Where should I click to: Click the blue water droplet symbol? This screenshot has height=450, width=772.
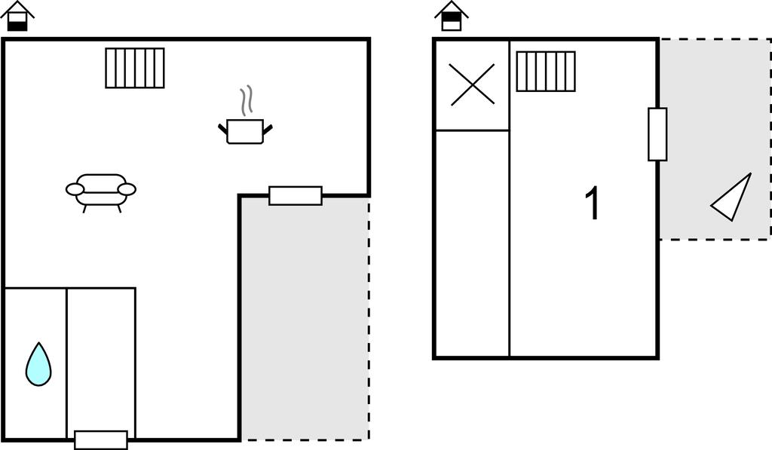coord(38,364)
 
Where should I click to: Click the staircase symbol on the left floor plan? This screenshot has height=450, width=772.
coord(135,68)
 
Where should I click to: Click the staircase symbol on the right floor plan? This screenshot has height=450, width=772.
coord(546,72)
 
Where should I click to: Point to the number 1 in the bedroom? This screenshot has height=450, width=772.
coord(593,203)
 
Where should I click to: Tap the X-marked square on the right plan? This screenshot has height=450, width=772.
coord(472,84)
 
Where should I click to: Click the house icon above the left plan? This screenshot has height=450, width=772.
coord(17,17)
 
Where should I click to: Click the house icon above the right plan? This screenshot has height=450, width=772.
coord(452,17)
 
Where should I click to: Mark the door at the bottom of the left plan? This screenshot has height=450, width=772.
coord(101,439)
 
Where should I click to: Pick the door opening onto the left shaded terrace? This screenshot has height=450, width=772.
coord(296,195)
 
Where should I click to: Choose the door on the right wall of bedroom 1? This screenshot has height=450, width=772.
coord(657,134)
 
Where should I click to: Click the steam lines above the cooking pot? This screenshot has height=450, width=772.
coord(247,102)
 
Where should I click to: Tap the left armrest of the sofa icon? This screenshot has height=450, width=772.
coord(75,189)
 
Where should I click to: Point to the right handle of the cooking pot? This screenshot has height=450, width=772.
coord(268,130)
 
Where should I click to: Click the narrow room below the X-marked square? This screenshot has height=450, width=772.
coord(472,243)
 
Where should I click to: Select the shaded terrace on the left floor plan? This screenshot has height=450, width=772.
coord(305,319)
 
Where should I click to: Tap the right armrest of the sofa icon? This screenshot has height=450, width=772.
coord(127,189)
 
